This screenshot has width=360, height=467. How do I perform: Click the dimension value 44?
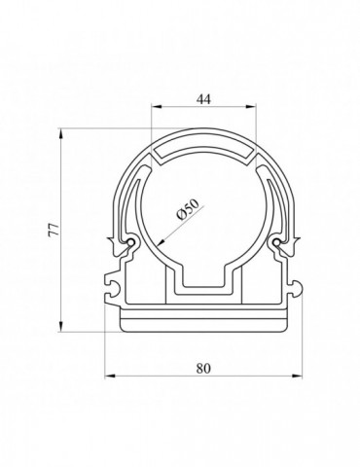click(203, 99)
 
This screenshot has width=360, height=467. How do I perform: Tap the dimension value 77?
click(54, 230)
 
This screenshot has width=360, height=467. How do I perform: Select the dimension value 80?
click(203, 369)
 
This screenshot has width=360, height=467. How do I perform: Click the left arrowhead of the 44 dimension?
click(157, 106)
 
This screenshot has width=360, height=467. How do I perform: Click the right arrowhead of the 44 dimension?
click(251, 106)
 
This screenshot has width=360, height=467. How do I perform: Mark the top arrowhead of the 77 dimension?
click(60, 134)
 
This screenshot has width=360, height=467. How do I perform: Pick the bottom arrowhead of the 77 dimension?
click(60, 326)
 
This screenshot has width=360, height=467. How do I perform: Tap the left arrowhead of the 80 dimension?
click(111, 377)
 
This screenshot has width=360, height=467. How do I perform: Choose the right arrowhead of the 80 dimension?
click(297, 377)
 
